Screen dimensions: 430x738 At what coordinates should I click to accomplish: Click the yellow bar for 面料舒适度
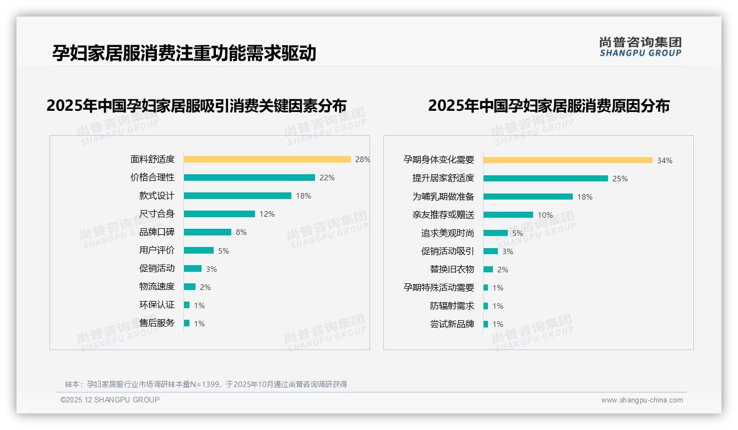pyautogui.click(x=267, y=159)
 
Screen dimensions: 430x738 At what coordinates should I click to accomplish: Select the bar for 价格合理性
pyautogui.click(x=249, y=178)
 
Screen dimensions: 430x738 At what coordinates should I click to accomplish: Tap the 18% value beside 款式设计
pyautogui.click(x=303, y=196)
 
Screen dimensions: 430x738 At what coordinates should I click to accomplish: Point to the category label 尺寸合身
pyautogui.click(x=156, y=214)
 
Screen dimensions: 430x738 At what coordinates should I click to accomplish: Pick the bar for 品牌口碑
pyautogui.click(x=208, y=232)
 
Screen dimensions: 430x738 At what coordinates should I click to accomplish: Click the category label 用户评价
pyautogui.click(x=156, y=250)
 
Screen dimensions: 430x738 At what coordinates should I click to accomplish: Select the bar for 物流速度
pyautogui.click(x=189, y=287)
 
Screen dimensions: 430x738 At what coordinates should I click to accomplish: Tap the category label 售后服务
pyautogui.click(x=156, y=323)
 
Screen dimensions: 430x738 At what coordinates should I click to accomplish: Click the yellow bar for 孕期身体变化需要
pyautogui.click(x=568, y=160)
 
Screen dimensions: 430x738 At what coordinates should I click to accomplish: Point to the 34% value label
pyautogui.click(x=664, y=160)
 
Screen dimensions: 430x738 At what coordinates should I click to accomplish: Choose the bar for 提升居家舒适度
pyautogui.click(x=546, y=179)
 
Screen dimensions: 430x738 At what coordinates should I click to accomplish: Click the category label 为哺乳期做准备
pyautogui.click(x=443, y=197)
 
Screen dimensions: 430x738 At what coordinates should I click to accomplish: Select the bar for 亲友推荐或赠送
pyautogui.click(x=508, y=215)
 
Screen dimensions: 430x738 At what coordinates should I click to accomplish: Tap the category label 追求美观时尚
pyautogui.click(x=447, y=233)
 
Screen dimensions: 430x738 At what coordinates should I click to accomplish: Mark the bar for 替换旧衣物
pyautogui.click(x=488, y=270)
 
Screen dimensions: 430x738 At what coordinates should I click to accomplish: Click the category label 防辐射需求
pyautogui.click(x=452, y=306)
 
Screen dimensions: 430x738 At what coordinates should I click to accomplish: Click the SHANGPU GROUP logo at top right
pyautogui.click(x=640, y=47)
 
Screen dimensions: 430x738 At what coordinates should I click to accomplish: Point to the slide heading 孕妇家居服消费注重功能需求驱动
pyautogui.click(x=184, y=53)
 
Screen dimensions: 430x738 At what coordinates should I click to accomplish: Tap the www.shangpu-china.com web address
pyautogui.click(x=642, y=400)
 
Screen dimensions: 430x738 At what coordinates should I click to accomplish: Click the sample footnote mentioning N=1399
pyautogui.click(x=206, y=384)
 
